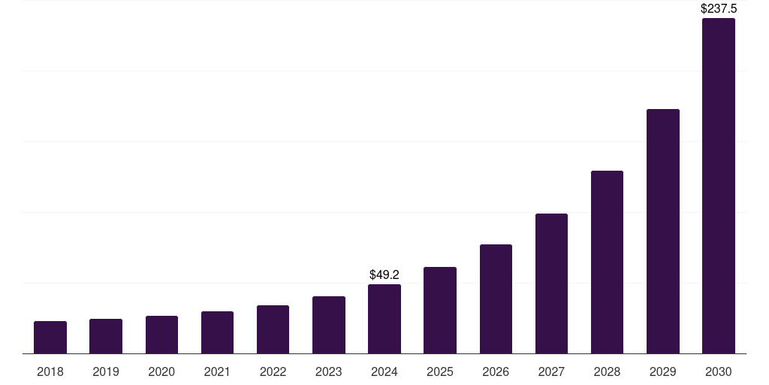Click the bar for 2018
(x=50, y=338)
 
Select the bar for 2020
(x=161, y=335)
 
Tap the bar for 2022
(x=273, y=329)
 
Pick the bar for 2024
(x=384, y=319)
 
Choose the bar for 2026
(x=496, y=299)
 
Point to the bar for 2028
(x=607, y=262)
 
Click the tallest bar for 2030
(x=719, y=186)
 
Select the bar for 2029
(x=663, y=232)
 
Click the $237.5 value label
(x=719, y=9)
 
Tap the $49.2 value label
(x=384, y=275)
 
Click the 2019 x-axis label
(x=106, y=371)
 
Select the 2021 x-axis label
(x=217, y=371)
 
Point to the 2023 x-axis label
(x=329, y=371)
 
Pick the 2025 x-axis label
(x=440, y=371)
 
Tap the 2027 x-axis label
(x=551, y=371)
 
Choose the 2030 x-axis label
(x=719, y=371)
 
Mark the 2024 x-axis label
(x=384, y=371)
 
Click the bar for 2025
(x=440, y=311)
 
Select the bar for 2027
(x=551, y=283)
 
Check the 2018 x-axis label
(x=50, y=371)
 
